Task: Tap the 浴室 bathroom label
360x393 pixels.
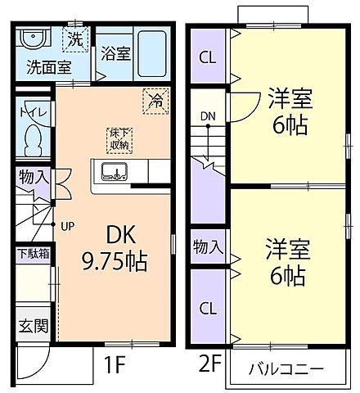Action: pos(115,54)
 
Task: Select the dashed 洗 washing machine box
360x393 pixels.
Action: pos(74,38)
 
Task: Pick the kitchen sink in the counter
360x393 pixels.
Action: pos(114,171)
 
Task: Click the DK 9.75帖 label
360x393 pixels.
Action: pos(114,249)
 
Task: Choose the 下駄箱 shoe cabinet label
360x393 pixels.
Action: pos(33,254)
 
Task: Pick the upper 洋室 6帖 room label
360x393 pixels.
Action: pos(285,114)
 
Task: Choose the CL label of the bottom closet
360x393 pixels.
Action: pos(209,309)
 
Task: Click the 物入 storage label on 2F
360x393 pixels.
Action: pos(207,246)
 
